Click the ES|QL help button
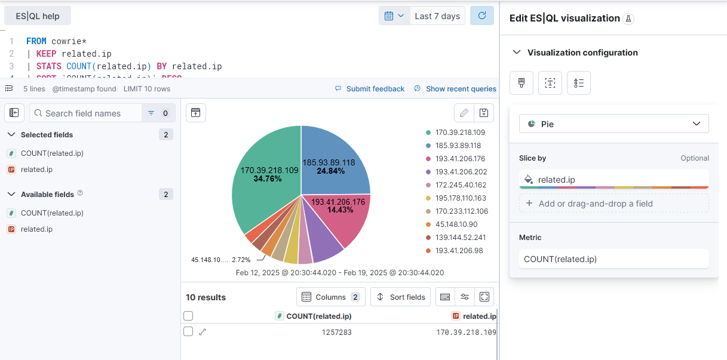pos(38,16)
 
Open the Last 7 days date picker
pos(437,16)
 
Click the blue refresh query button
pos(481,16)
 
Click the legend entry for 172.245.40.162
pos(461,185)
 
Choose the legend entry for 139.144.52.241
pos(461,238)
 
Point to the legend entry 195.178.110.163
pos(461,198)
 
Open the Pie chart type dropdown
pos(613,124)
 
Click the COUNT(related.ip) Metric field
pos(613,259)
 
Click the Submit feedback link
pos(375,89)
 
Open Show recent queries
pos(461,89)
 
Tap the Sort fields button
pos(401,297)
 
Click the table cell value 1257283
pos(336,332)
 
